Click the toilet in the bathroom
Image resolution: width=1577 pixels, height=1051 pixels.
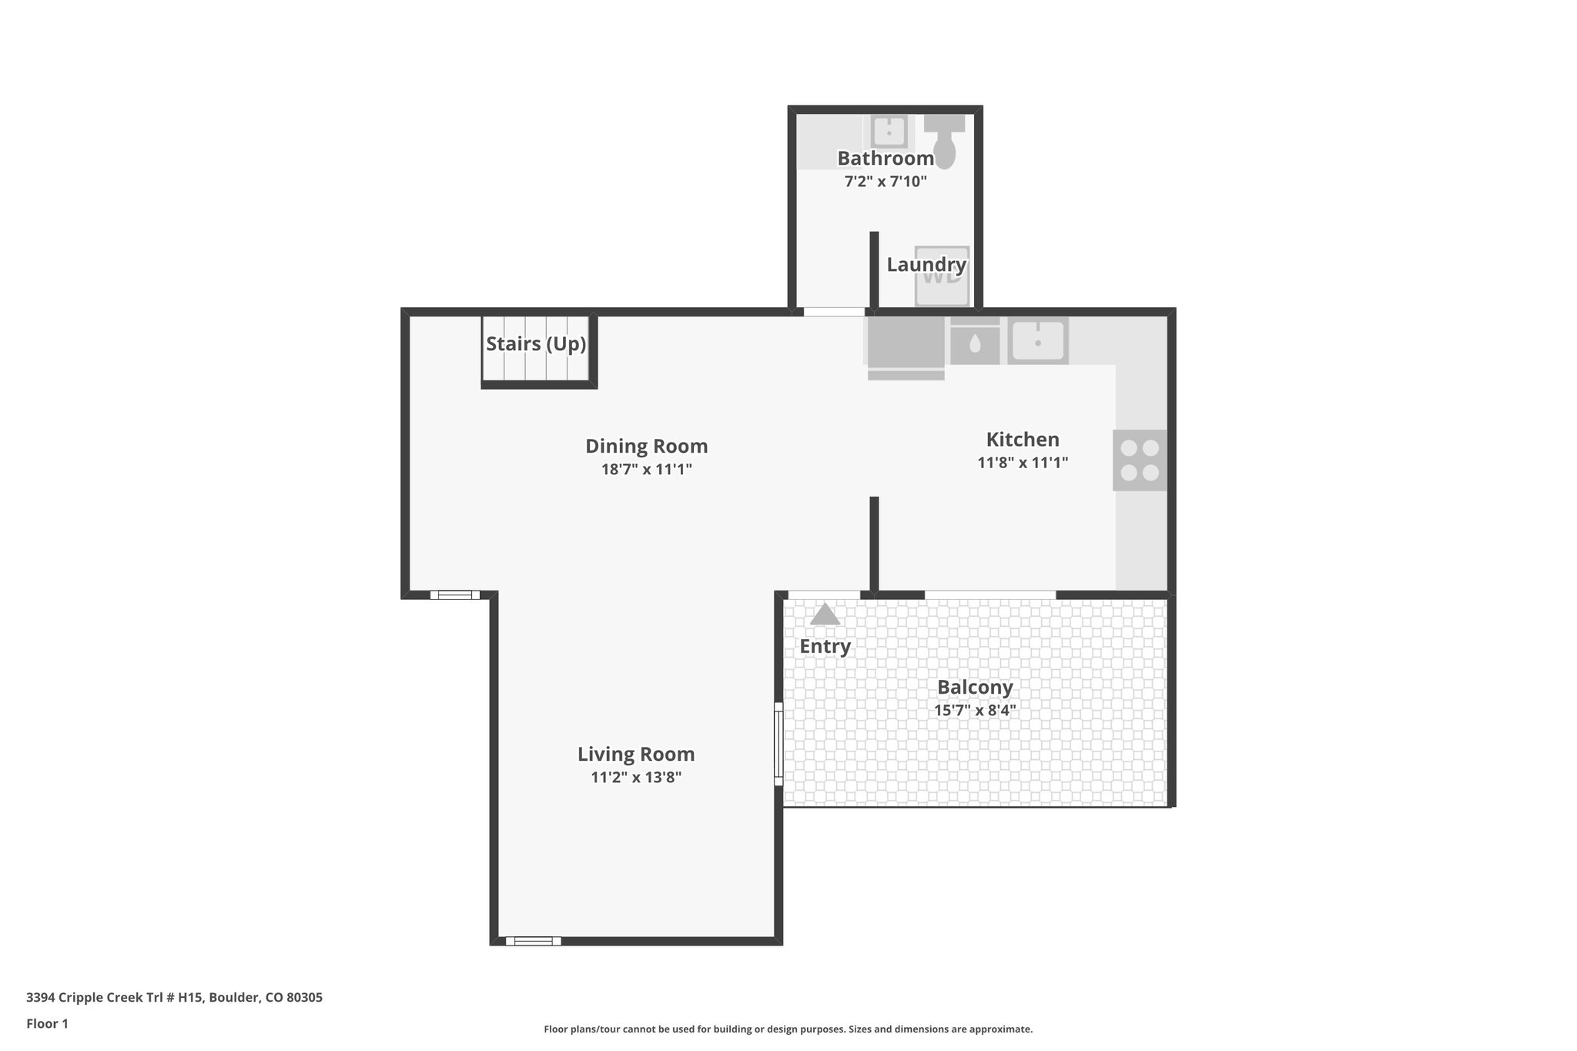pyautogui.click(x=944, y=142)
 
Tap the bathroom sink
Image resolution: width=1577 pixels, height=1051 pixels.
pyautogui.click(x=889, y=131)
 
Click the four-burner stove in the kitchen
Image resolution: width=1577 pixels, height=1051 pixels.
pyautogui.click(x=1140, y=460)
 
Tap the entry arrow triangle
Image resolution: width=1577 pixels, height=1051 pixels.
pyautogui.click(x=825, y=614)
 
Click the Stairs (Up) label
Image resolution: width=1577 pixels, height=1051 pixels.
pyautogui.click(x=536, y=343)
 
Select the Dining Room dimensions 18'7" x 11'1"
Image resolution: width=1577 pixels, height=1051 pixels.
pyautogui.click(x=646, y=469)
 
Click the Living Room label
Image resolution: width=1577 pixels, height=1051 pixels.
pyautogui.click(x=636, y=754)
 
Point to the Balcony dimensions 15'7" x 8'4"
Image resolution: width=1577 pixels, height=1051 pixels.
pyautogui.click(x=975, y=711)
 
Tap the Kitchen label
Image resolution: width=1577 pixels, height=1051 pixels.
pyautogui.click(x=1023, y=440)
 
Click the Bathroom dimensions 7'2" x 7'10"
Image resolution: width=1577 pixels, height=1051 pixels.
pyautogui.click(x=886, y=182)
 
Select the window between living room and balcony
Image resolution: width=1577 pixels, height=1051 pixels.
pyautogui.click(x=778, y=744)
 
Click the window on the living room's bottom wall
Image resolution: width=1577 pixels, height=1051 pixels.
pyautogui.click(x=534, y=940)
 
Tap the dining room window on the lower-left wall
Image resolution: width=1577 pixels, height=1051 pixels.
pyautogui.click(x=454, y=594)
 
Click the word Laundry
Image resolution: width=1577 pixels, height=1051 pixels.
pyautogui.click(x=926, y=265)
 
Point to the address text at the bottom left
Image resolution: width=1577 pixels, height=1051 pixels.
pyautogui.click(x=174, y=997)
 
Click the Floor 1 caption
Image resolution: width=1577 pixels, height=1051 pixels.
pyautogui.click(x=47, y=1023)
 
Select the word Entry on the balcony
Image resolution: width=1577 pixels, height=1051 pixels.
pyautogui.click(x=825, y=646)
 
